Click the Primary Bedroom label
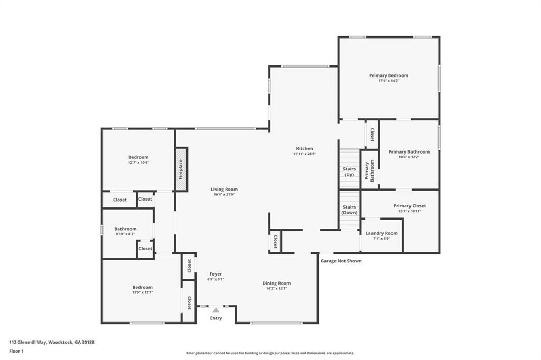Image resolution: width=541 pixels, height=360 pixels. pyautogui.click(x=388, y=75)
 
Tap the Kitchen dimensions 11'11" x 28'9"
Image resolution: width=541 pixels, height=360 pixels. pyautogui.click(x=304, y=154)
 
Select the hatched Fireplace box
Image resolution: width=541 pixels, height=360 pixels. pyautogui.click(x=181, y=169)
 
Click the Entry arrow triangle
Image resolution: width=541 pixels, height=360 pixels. pyautogui.click(x=216, y=310)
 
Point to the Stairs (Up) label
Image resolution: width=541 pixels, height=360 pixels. pyautogui.click(x=349, y=172)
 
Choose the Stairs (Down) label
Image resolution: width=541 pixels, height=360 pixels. pyautogui.click(x=349, y=210)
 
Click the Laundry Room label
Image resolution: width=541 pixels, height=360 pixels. pyautogui.click(x=381, y=233)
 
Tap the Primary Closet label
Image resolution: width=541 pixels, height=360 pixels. pyautogui.click(x=409, y=206)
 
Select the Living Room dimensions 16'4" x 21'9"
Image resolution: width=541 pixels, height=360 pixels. pyautogui.click(x=224, y=195)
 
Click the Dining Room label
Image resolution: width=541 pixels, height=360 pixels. pyautogui.click(x=277, y=283)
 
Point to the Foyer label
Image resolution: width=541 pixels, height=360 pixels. pyautogui.click(x=216, y=274)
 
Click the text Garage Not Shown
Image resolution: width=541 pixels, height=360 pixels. pyautogui.click(x=341, y=261)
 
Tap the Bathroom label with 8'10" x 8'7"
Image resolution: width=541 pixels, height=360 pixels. pyautogui.click(x=125, y=229)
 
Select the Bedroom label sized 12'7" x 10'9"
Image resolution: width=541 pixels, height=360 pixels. pyautogui.click(x=138, y=157)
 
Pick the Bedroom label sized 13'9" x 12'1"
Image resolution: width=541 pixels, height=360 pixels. pyautogui.click(x=142, y=287)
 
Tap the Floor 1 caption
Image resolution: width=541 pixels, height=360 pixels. pyautogui.click(x=16, y=351)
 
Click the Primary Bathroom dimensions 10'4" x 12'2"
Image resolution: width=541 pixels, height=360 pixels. pyautogui.click(x=409, y=157)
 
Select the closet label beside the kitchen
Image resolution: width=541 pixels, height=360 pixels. pyautogui.click(x=275, y=242)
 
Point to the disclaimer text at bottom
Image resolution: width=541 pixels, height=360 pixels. pyautogui.click(x=270, y=353)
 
